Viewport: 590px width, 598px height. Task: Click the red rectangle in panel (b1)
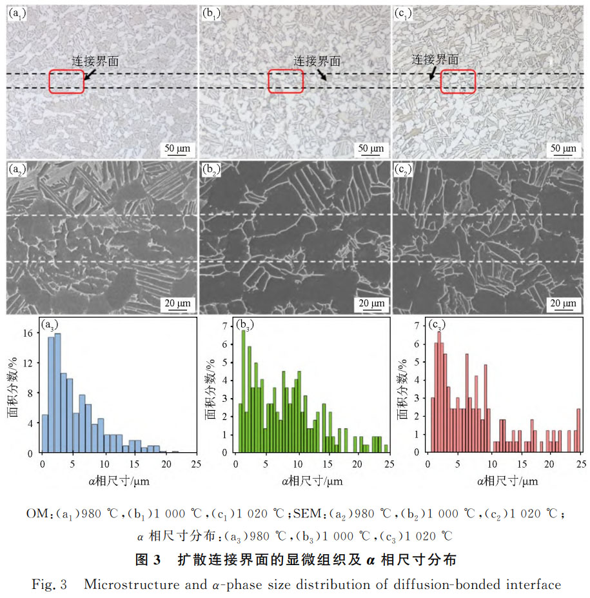click(285, 81)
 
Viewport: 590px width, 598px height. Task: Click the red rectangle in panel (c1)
click(458, 81)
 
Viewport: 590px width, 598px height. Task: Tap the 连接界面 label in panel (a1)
click(95, 61)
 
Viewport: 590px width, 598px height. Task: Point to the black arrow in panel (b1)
click(322, 75)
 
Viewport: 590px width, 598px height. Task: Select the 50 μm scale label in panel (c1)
click(564, 149)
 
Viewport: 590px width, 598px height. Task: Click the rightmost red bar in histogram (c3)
click(578, 430)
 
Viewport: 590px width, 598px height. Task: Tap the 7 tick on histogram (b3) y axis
click(226, 326)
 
